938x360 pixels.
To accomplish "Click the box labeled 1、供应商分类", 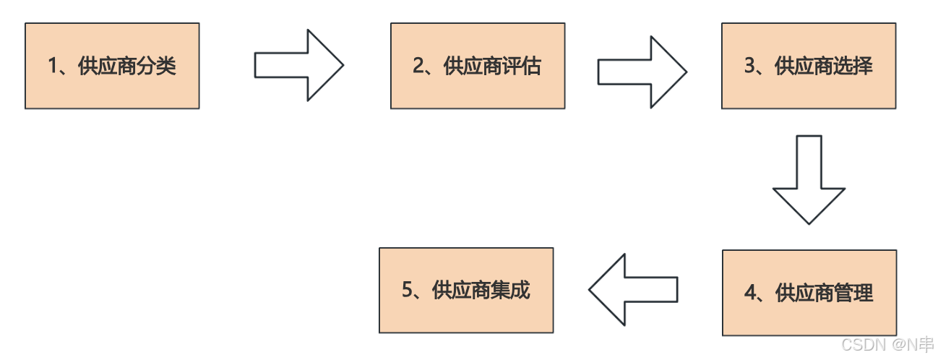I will pyautogui.click(x=112, y=66).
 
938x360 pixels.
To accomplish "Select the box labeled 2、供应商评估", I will pyautogui.click(x=478, y=66).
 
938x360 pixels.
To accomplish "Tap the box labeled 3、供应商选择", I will pyautogui.click(x=809, y=66).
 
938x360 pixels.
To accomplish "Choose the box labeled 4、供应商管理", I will pyautogui.click(x=809, y=293).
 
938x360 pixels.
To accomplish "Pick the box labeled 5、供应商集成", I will pyautogui.click(x=466, y=290).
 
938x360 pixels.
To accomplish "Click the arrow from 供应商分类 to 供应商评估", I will pyautogui.click(x=298, y=65).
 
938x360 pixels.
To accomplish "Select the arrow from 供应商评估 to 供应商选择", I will pyautogui.click(x=642, y=72).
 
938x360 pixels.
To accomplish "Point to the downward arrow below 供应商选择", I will pyautogui.click(x=809, y=179).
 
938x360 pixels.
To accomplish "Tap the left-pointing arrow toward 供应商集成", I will pyautogui.click(x=633, y=289).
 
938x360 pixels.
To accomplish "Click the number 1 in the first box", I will pyautogui.click(x=53, y=67).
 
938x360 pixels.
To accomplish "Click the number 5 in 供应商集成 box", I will pyautogui.click(x=407, y=291).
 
